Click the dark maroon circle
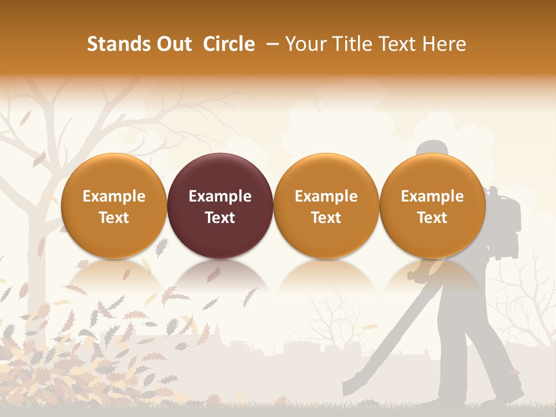[220, 206]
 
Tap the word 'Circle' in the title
[229, 44]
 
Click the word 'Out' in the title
[172, 44]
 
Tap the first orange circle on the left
[114, 206]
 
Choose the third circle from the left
[326, 206]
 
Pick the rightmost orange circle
[433, 206]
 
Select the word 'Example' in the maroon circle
[220, 196]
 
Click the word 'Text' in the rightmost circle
[433, 218]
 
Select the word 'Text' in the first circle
[114, 218]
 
